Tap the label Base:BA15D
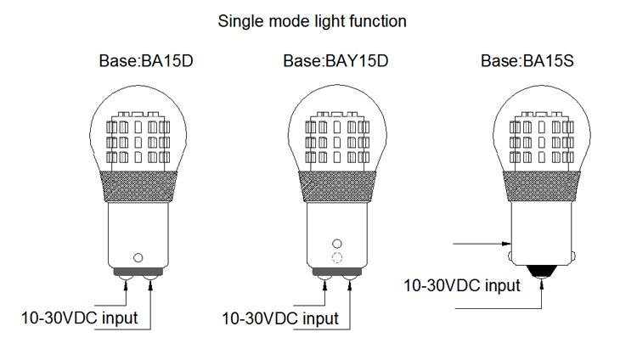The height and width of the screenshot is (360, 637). click(138, 61)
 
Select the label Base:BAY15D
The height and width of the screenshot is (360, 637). click(335, 61)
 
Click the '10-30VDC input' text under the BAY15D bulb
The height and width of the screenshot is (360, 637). click(279, 318)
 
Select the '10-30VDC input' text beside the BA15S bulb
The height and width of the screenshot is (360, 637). click(462, 285)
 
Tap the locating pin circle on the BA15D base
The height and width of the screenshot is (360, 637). click(138, 256)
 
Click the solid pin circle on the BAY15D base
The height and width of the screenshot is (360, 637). click(337, 243)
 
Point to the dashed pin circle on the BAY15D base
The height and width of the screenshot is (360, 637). click(337, 257)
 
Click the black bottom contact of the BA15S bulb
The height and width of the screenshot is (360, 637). click(541, 271)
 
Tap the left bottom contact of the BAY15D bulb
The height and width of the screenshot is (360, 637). click(324, 277)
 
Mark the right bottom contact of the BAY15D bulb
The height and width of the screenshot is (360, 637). click(349, 277)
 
